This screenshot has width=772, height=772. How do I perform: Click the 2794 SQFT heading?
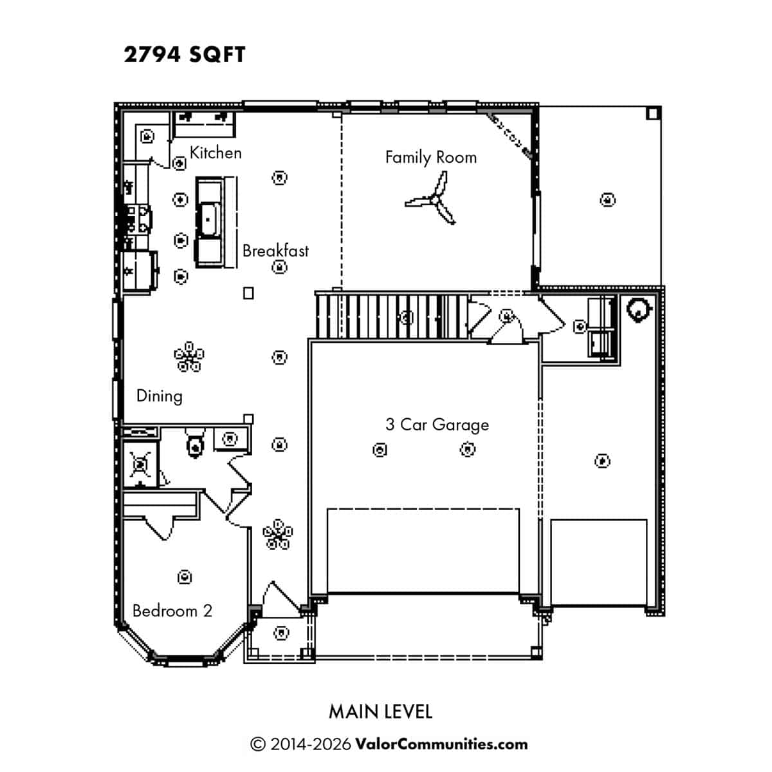click(x=184, y=55)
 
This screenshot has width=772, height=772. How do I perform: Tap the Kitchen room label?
click(x=216, y=152)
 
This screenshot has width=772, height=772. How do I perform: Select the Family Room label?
click(x=431, y=158)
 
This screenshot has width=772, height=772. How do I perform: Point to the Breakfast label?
click(x=275, y=251)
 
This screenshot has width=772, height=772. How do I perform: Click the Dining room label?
click(x=160, y=396)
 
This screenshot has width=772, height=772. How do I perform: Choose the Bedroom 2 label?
click(x=172, y=611)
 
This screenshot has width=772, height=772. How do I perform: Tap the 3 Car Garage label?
click(x=437, y=425)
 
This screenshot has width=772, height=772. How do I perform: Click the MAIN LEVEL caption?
click(x=381, y=712)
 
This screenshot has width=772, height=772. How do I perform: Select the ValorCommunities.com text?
click(x=441, y=744)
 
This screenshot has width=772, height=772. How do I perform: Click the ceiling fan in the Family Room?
click(x=436, y=199)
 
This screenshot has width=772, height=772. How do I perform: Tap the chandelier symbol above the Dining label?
click(x=189, y=356)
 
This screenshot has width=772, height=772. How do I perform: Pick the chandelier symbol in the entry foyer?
click(x=278, y=534)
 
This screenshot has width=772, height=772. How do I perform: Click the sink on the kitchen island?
click(x=208, y=219)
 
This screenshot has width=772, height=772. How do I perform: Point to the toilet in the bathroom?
click(x=195, y=443)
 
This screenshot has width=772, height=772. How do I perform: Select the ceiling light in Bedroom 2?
click(x=184, y=577)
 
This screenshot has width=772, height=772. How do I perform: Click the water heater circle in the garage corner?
click(x=638, y=309)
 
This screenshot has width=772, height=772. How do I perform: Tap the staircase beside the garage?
click(x=392, y=317)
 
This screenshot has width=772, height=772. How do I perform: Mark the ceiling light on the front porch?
click(x=281, y=632)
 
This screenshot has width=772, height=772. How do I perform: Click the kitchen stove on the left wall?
click(x=139, y=219)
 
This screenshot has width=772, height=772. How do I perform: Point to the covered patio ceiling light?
click(x=608, y=199)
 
